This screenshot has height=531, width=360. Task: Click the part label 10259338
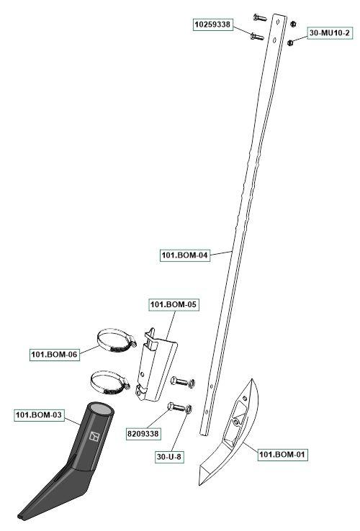[x=213, y=24]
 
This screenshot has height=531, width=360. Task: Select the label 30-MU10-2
[x=329, y=33]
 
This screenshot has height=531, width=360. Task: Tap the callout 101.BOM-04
[x=184, y=255]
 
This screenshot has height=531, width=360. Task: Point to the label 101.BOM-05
[x=174, y=304]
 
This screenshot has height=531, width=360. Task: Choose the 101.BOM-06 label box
[x=55, y=355]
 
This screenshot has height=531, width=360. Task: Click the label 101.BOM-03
[x=39, y=415]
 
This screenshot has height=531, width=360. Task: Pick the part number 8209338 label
[x=143, y=434]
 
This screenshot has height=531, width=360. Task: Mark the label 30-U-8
[x=169, y=457]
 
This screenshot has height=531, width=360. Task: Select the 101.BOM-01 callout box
[x=282, y=454]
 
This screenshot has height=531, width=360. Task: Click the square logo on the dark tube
[x=94, y=437]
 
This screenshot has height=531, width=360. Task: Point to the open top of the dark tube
[x=101, y=409]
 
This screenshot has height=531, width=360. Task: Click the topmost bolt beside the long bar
[x=260, y=17]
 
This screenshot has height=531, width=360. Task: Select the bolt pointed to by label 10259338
[x=257, y=36]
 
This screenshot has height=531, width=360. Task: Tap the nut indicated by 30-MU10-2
[x=290, y=43]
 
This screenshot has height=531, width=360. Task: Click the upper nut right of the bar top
[x=294, y=24]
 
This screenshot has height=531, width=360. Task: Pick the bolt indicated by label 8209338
[x=176, y=407]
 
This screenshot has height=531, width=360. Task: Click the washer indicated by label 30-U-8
[x=189, y=409]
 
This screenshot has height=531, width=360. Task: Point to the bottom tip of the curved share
[x=201, y=485]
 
